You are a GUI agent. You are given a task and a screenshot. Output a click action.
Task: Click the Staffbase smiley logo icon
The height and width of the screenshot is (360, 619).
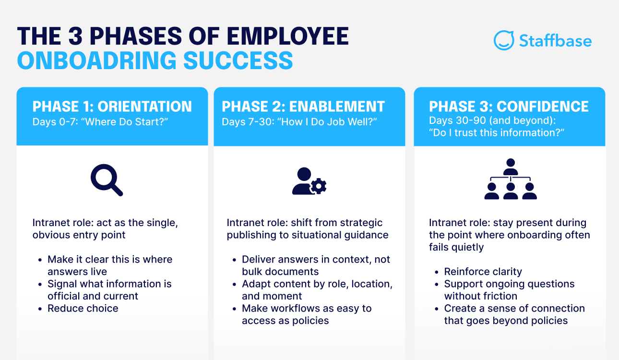(504, 40)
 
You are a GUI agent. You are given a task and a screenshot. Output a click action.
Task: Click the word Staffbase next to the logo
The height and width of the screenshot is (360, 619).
(555, 41)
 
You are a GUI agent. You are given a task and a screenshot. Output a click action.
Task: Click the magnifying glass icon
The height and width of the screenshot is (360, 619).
(107, 180)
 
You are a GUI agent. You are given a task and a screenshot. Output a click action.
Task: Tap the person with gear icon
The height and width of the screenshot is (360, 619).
(309, 181)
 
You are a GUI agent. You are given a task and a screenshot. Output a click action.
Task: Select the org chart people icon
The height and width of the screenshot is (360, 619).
(510, 179)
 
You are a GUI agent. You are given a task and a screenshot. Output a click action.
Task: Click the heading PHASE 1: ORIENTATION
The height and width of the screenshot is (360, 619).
(112, 107)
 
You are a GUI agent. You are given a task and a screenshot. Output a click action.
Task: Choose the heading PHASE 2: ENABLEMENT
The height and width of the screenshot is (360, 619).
(303, 107)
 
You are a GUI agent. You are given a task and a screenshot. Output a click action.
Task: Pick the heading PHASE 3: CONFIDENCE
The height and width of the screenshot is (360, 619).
(509, 107)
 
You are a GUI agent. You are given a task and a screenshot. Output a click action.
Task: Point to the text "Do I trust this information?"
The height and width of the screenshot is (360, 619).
(496, 132)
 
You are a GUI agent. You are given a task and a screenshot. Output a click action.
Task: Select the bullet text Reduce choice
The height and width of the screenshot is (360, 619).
(83, 308)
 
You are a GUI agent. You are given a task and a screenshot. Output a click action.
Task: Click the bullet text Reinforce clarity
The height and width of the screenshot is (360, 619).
(483, 272)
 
